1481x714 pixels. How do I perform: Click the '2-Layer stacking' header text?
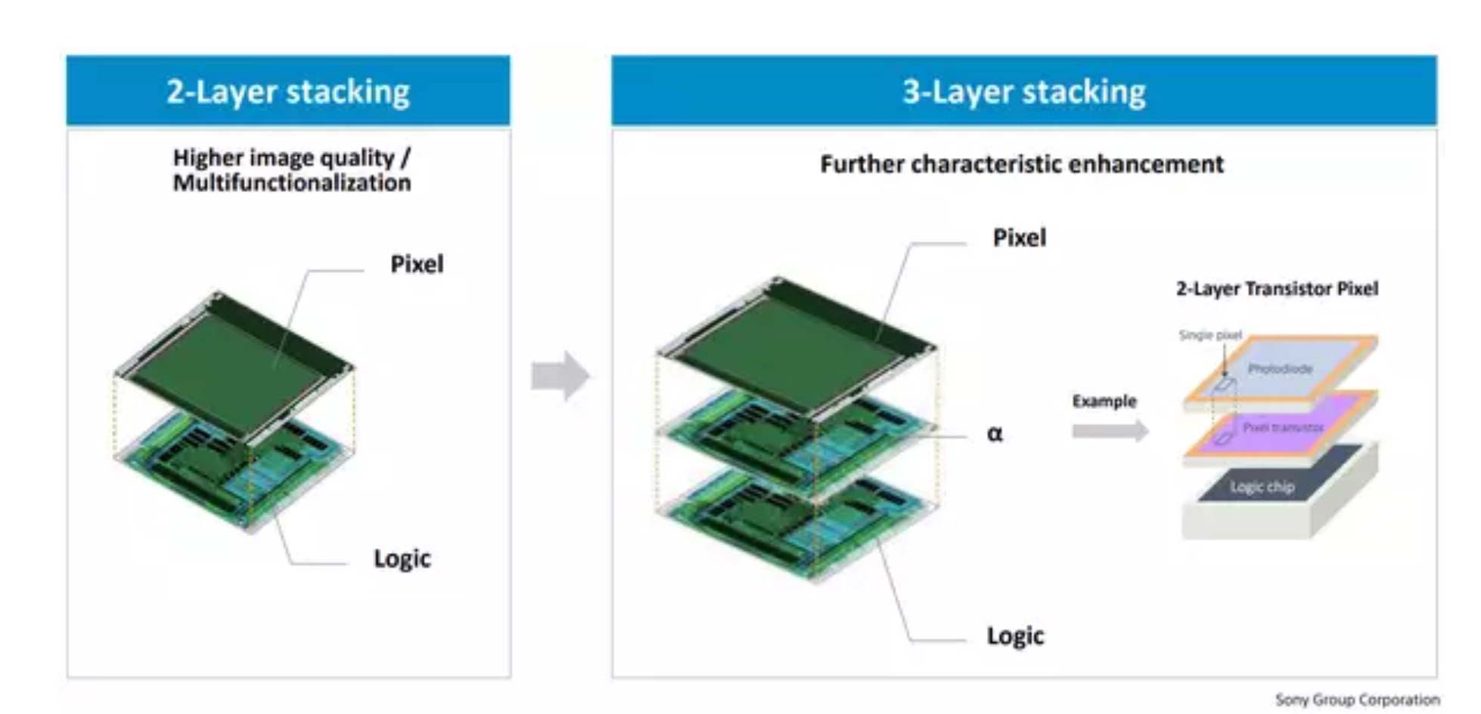(x=287, y=92)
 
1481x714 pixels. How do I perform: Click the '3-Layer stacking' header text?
(x=1023, y=92)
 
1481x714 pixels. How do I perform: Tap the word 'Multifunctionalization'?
(x=291, y=183)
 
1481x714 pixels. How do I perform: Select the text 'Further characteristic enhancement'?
(x=1021, y=164)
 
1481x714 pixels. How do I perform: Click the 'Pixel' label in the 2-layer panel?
(x=417, y=264)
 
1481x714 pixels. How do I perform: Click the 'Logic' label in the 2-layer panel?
(x=402, y=558)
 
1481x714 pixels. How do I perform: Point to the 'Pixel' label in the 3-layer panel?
(x=1019, y=237)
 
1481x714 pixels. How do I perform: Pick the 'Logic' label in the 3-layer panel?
(x=1014, y=635)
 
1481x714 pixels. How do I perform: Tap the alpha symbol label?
(x=995, y=433)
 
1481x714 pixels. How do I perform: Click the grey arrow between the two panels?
(x=560, y=375)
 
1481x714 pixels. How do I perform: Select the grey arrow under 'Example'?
(x=1110, y=431)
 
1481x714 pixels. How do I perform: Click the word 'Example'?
(x=1104, y=401)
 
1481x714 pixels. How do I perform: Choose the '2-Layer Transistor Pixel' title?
(x=1277, y=288)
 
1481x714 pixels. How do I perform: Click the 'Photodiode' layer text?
(x=1280, y=368)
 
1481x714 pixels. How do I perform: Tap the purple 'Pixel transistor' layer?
(x=1282, y=427)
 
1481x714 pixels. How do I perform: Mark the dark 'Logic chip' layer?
(x=1262, y=486)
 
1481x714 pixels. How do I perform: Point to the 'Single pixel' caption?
(x=1210, y=334)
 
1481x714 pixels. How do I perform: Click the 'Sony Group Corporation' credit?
(x=1357, y=700)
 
